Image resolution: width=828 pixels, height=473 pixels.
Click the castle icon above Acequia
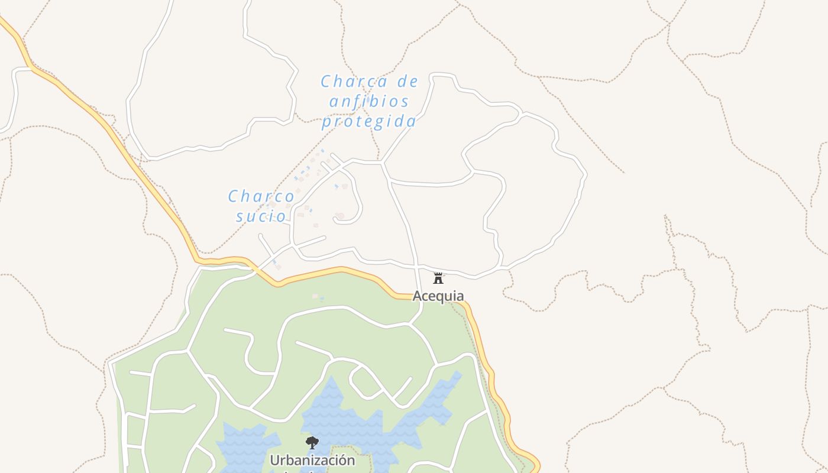(x=438, y=278)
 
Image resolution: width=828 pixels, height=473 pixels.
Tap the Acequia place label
(x=438, y=296)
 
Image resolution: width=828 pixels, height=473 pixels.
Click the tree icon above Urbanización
(x=312, y=443)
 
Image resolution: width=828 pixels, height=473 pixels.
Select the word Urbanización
(x=312, y=460)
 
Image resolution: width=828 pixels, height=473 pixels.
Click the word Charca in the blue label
(x=354, y=82)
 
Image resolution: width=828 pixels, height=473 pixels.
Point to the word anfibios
(x=369, y=101)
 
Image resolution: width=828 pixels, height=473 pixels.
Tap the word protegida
(x=369, y=121)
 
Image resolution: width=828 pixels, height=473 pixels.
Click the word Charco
(x=261, y=196)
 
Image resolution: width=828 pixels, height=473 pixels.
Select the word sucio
(x=261, y=216)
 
